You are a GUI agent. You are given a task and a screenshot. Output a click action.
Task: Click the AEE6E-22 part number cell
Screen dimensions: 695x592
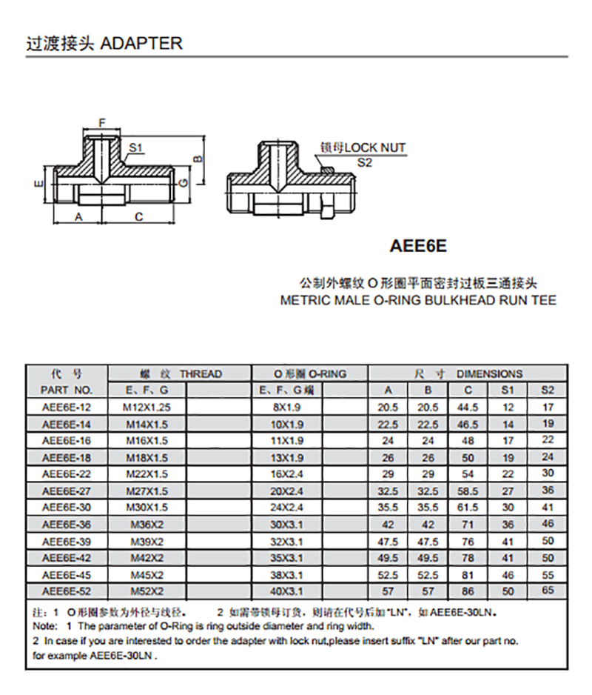tap(67, 474)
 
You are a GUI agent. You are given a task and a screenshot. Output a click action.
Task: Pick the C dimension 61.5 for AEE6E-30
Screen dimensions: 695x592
tap(468, 508)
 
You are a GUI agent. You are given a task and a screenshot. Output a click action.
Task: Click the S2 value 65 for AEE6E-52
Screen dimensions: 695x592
tap(548, 591)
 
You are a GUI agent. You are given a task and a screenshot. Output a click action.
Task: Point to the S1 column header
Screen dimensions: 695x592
tap(508, 390)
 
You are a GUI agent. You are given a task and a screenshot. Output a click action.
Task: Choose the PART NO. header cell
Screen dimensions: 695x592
tap(67, 390)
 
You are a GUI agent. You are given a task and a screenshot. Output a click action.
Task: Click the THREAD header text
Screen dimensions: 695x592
tap(200, 374)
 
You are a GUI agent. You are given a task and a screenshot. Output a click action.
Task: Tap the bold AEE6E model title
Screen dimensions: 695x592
tap(419, 244)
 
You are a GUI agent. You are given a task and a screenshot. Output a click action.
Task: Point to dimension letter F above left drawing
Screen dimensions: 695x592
tap(102, 122)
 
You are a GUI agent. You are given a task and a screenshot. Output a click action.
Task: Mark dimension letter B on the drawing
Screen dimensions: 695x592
tap(198, 159)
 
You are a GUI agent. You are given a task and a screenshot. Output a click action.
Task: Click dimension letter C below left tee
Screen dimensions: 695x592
tap(138, 216)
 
